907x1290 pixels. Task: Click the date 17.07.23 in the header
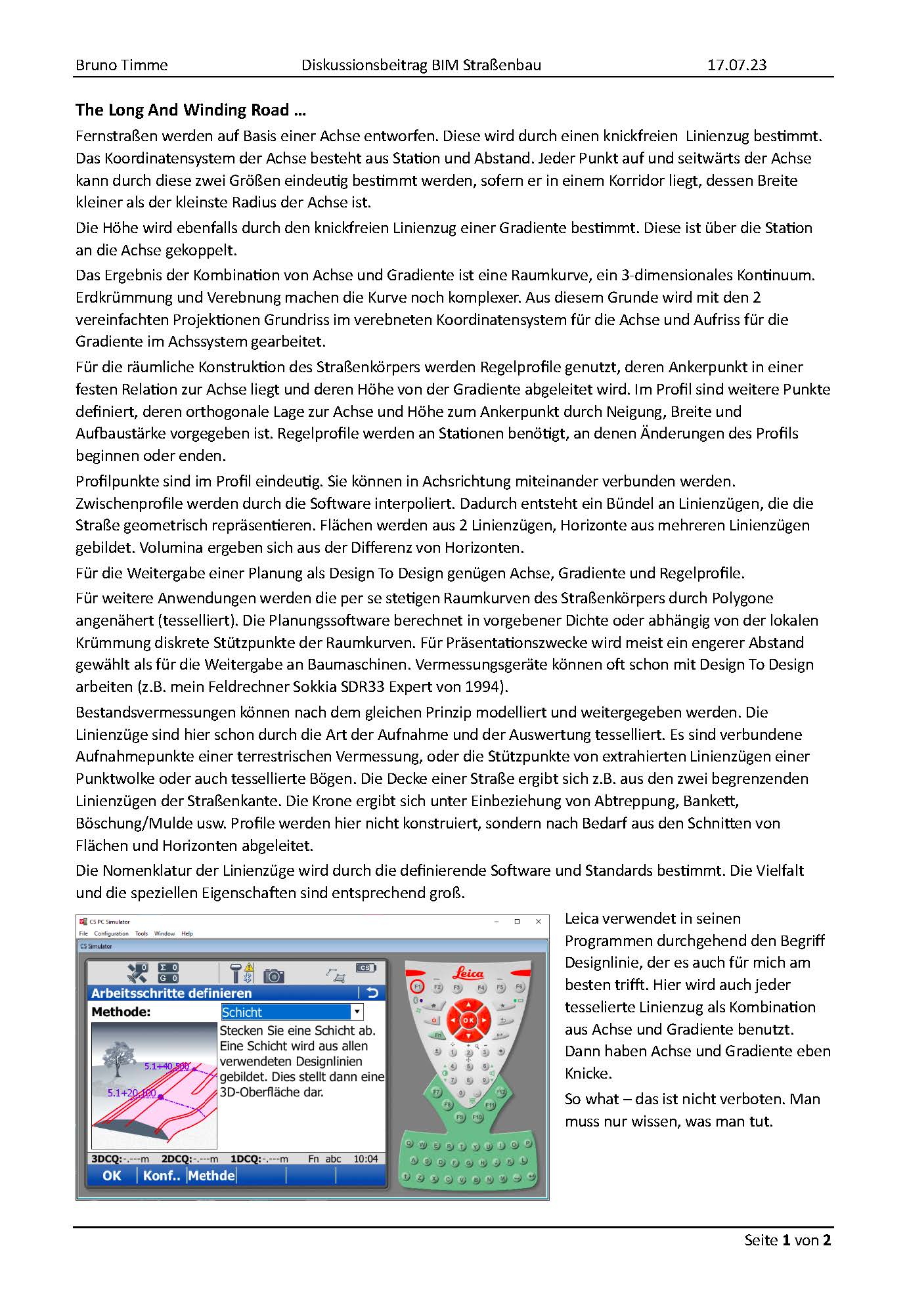(736, 65)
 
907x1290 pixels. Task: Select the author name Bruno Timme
(122, 65)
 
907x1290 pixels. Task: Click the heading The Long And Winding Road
(190, 110)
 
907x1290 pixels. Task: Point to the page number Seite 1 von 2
(787, 1239)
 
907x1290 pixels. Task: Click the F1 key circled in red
(417, 987)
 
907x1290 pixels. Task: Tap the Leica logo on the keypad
(468, 974)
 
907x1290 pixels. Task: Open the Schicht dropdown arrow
(357, 1012)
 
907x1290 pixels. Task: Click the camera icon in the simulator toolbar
(273, 976)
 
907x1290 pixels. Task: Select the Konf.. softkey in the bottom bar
(162, 1175)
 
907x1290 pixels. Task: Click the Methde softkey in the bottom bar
(211, 1175)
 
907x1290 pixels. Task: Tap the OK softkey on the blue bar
(112, 1175)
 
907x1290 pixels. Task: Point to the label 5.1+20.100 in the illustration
(131, 1093)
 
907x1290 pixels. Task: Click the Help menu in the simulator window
(187, 933)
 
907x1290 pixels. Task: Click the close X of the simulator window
(539, 921)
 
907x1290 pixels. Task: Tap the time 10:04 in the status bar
(365, 1159)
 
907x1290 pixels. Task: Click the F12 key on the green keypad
(500, 1092)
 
